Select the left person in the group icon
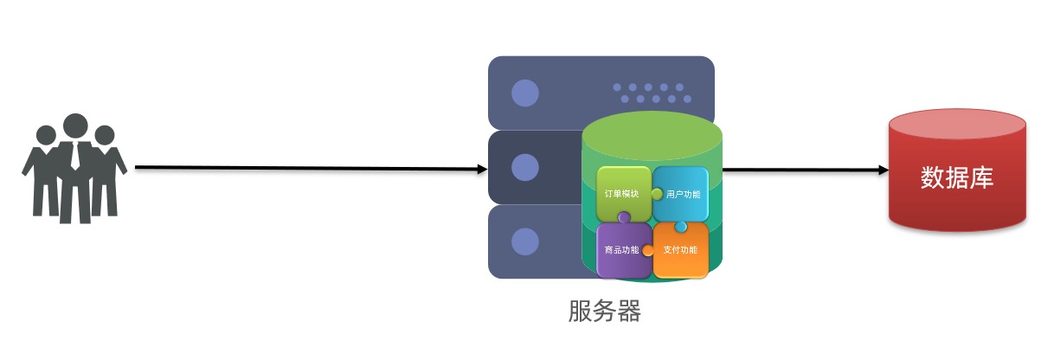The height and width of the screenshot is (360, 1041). coord(43,173)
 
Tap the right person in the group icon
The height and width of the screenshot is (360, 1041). coord(106,173)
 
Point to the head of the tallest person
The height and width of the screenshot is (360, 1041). coord(75,125)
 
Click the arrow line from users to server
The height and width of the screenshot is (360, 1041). coord(303,168)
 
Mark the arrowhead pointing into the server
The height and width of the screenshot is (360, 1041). coord(482,169)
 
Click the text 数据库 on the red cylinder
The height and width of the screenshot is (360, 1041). coord(956,178)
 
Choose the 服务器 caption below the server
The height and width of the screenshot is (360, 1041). coord(604,311)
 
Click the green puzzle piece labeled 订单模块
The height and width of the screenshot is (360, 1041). coord(621,192)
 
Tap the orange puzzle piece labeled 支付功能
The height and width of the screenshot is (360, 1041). coord(680,250)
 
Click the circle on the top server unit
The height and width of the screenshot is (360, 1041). coord(524,93)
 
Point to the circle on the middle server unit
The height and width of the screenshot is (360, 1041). coord(524,167)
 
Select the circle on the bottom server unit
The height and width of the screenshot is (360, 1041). coord(524,241)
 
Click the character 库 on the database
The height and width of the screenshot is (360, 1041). coord(981,178)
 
